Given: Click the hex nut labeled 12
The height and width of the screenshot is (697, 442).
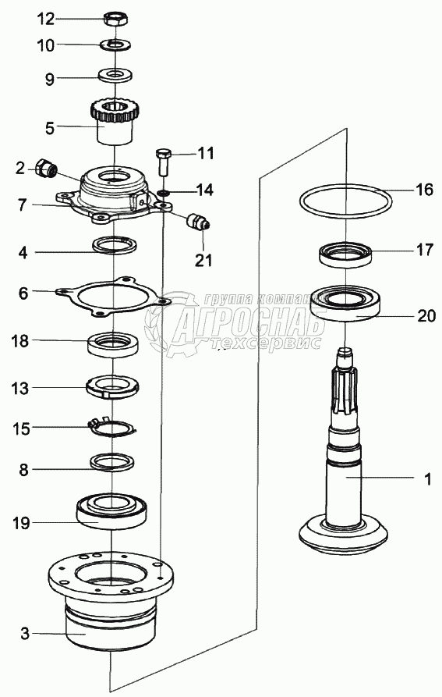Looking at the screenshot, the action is click(x=116, y=19).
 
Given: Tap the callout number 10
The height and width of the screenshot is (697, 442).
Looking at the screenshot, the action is click(x=46, y=45).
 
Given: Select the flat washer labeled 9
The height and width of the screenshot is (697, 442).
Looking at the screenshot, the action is click(x=115, y=74).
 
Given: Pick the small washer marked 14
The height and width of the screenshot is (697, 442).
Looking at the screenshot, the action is click(x=164, y=193).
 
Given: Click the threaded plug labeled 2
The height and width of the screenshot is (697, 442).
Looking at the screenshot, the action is click(x=46, y=168).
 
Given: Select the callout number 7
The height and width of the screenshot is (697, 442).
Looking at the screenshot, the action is click(x=23, y=205).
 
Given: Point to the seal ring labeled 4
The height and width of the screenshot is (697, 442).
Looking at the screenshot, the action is click(x=114, y=244).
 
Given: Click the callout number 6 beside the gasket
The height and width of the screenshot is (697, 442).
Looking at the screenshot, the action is click(x=23, y=293).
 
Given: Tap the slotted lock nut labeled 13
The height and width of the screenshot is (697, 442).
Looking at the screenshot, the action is click(x=113, y=386).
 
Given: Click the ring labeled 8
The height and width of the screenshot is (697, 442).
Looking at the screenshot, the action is click(x=111, y=461).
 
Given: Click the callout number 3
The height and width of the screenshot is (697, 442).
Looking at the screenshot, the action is click(x=25, y=633).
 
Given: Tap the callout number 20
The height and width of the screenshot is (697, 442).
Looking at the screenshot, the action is click(x=426, y=316).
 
